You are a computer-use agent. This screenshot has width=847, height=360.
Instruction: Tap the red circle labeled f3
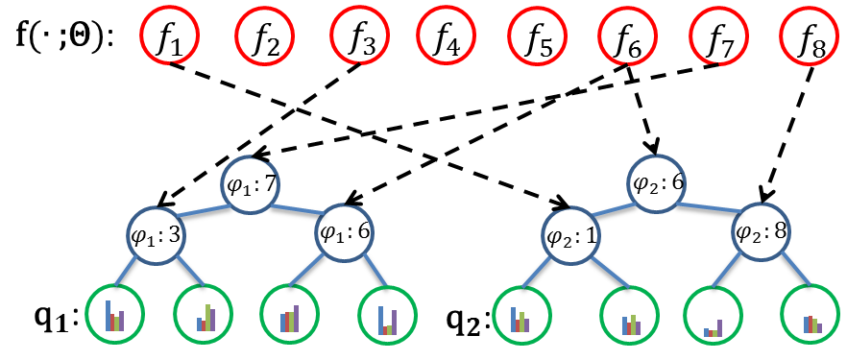[x=358, y=38]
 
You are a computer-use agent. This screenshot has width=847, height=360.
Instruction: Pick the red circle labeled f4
[x=446, y=38]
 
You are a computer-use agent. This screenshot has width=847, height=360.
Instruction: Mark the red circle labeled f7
[x=719, y=38]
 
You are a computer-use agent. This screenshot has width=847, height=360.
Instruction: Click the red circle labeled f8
[x=811, y=38]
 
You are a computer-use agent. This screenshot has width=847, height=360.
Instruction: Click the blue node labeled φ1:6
[x=345, y=230]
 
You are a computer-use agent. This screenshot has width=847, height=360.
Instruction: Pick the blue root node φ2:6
[x=658, y=180]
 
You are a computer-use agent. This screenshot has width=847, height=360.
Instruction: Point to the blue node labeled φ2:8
[x=761, y=230]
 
